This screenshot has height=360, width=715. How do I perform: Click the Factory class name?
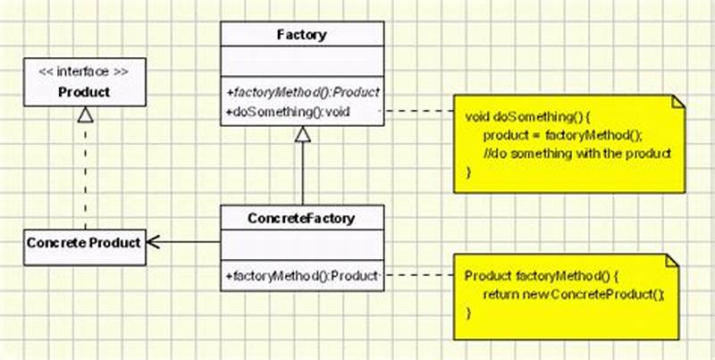pyautogui.click(x=302, y=36)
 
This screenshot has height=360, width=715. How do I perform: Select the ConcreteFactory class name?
pyautogui.click(x=301, y=217)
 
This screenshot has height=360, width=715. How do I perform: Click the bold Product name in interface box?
pyautogui.click(x=84, y=92)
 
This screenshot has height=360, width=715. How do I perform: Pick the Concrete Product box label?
pyautogui.click(x=83, y=242)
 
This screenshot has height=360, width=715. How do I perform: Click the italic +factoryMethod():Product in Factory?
pyautogui.click(x=302, y=92)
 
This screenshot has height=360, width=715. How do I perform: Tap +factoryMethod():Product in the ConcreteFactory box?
pyautogui.click(x=302, y=274)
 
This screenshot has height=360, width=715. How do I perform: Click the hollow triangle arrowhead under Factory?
pyautogui.click(x=302, y=135)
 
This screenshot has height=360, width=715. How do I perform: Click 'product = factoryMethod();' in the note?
pyautogui.click(x=562, y=135)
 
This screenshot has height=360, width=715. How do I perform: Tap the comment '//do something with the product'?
pyautogui.click(x=576, y=153)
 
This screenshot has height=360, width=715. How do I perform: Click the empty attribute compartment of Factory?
pyautogui.click(x=302, y=64)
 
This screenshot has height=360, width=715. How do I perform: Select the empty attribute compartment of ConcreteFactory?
pyautogui.click(x=302, y=247)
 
